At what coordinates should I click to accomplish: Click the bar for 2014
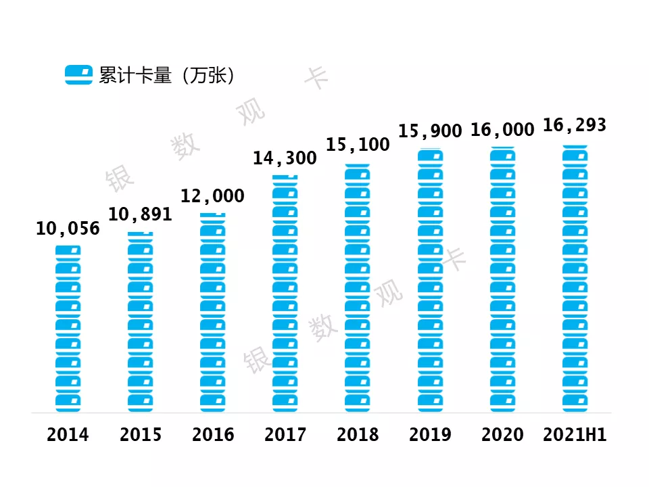tap(68, 329)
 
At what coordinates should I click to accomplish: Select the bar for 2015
tap(140, 322)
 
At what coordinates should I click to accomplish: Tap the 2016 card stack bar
tap(213, 312)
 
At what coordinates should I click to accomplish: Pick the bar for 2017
tap(285, 294)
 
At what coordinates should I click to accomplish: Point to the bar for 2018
tap(358, 288)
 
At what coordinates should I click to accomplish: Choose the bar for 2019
tap(430, 281)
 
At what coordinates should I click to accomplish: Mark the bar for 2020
tap(502, 280)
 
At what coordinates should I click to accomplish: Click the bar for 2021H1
tap(575, 279)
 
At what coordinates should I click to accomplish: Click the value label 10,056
tap(68, 229)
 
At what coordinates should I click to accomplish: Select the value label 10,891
tap(140, 215)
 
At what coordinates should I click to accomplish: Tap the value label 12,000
tap(212, 197)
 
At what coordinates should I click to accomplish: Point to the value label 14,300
tap(285, 159)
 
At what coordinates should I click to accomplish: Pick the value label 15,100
tap(358, 145)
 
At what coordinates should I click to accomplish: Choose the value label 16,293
tap(575, 126)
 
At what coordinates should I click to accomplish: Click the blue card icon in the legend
tap(78, 75)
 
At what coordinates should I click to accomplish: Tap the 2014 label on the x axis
tap(68, 435)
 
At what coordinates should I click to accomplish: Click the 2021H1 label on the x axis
tap(575, 435)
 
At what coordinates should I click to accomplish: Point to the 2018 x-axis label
tap(358, 435)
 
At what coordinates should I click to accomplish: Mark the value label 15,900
tap(430, 131)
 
